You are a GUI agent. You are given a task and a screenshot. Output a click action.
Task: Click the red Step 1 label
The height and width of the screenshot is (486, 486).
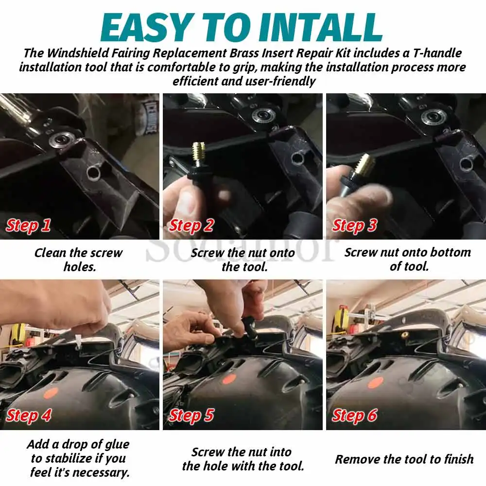pos(28,226)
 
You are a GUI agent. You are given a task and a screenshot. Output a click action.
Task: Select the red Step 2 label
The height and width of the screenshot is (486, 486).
pos(191,226)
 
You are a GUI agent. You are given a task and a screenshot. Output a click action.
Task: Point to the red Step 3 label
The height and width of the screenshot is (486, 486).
pos(354,226)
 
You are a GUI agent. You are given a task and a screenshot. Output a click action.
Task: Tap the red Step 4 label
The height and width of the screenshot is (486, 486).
pos(29,416)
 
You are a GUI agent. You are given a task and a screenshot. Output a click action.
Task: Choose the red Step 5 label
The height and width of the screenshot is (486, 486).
pos(191,416)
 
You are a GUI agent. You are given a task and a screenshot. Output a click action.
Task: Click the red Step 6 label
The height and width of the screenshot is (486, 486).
pos(355,416)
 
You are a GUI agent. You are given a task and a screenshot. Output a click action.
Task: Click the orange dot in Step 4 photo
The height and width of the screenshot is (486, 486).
pos(51,393)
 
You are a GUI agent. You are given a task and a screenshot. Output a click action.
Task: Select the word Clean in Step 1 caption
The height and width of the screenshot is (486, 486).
pos(51,253)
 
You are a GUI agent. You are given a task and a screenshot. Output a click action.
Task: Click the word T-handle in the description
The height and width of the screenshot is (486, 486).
pos(437,53)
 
